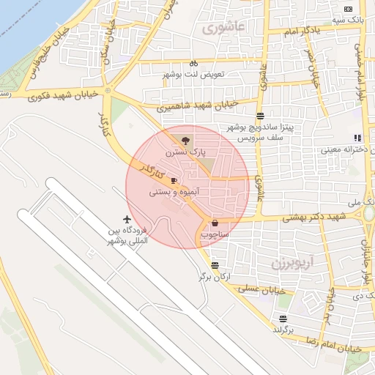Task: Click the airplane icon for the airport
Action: pos(127,219)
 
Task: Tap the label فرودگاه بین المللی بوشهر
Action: pos(127,236)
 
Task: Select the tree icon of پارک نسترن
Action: pos(185,139)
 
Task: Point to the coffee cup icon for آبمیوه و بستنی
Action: pos(174,180)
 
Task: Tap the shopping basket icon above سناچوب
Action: pos(215,223)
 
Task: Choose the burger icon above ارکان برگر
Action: pos(214,266)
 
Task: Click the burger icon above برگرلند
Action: pos(283,319)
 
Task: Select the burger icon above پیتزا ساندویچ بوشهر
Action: pos(260,116)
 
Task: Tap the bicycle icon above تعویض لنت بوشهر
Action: pos(193,63)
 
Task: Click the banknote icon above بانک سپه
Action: pos(347,9)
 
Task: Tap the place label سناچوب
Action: pos(215,235)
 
